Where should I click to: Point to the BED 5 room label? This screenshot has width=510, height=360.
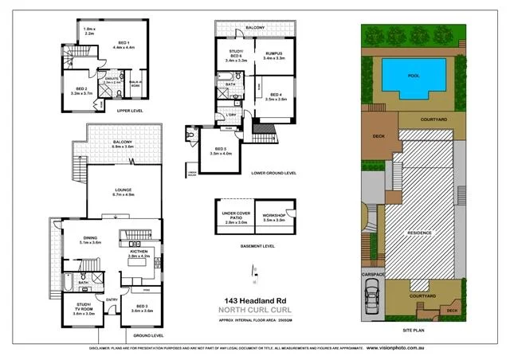pyautogui.click(x=220, y=150)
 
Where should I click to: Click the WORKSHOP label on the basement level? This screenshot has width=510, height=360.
pyautogui.click(x=284, y=216)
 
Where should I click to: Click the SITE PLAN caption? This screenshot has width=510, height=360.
pyautogui.click(x=412, y=329)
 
